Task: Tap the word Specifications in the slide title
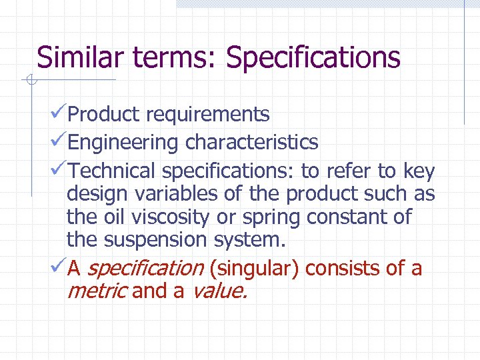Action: [x=313, y=59]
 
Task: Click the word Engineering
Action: [x=123, y=143]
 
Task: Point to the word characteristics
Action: [x=251, y=142]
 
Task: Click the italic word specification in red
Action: [x=145, y=269]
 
